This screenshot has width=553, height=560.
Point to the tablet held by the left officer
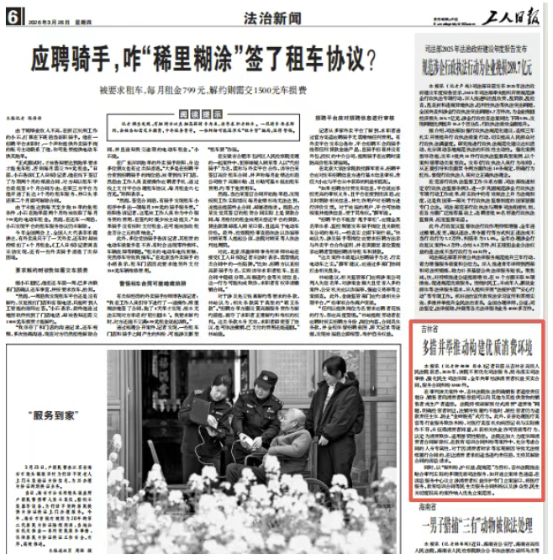point(202,409)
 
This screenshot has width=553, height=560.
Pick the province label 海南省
point(432,508)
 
